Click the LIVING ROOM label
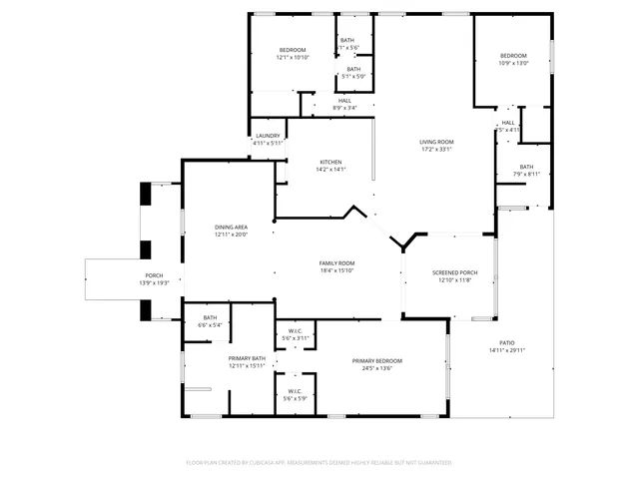click(x=436, y=142)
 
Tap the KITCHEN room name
click(x=330, y=162)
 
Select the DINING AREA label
click(x=231, y=228)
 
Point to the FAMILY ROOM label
click(x=337, y=262)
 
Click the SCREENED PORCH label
click(x=454, y=272)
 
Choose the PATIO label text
click(x=507, y=343)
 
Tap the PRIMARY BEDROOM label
click(x=377, y=360)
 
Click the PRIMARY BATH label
click(x=246, y=358)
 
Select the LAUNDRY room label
click(x=268, y=136)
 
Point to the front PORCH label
click(x=154, y=275)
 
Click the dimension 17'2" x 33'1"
click(x=436, y=150)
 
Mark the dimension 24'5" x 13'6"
click(x=377, y=368)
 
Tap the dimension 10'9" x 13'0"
click(x=513, y=63)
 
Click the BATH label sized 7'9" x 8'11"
click(x=526, y=167)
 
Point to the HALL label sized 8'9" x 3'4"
click(x=344, y=100)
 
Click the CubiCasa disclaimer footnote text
click(x=319, y=462)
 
